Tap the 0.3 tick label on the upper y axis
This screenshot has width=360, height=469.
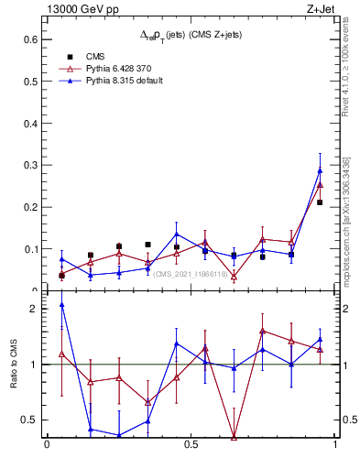29,165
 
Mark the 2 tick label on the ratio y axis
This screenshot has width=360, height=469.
32,309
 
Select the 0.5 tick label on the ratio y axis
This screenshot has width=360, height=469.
27,420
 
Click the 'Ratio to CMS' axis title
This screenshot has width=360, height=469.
14,365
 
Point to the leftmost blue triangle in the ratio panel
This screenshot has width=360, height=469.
61,304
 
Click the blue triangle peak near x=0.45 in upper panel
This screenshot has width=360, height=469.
177,234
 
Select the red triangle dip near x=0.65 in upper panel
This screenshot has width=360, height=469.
234,276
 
